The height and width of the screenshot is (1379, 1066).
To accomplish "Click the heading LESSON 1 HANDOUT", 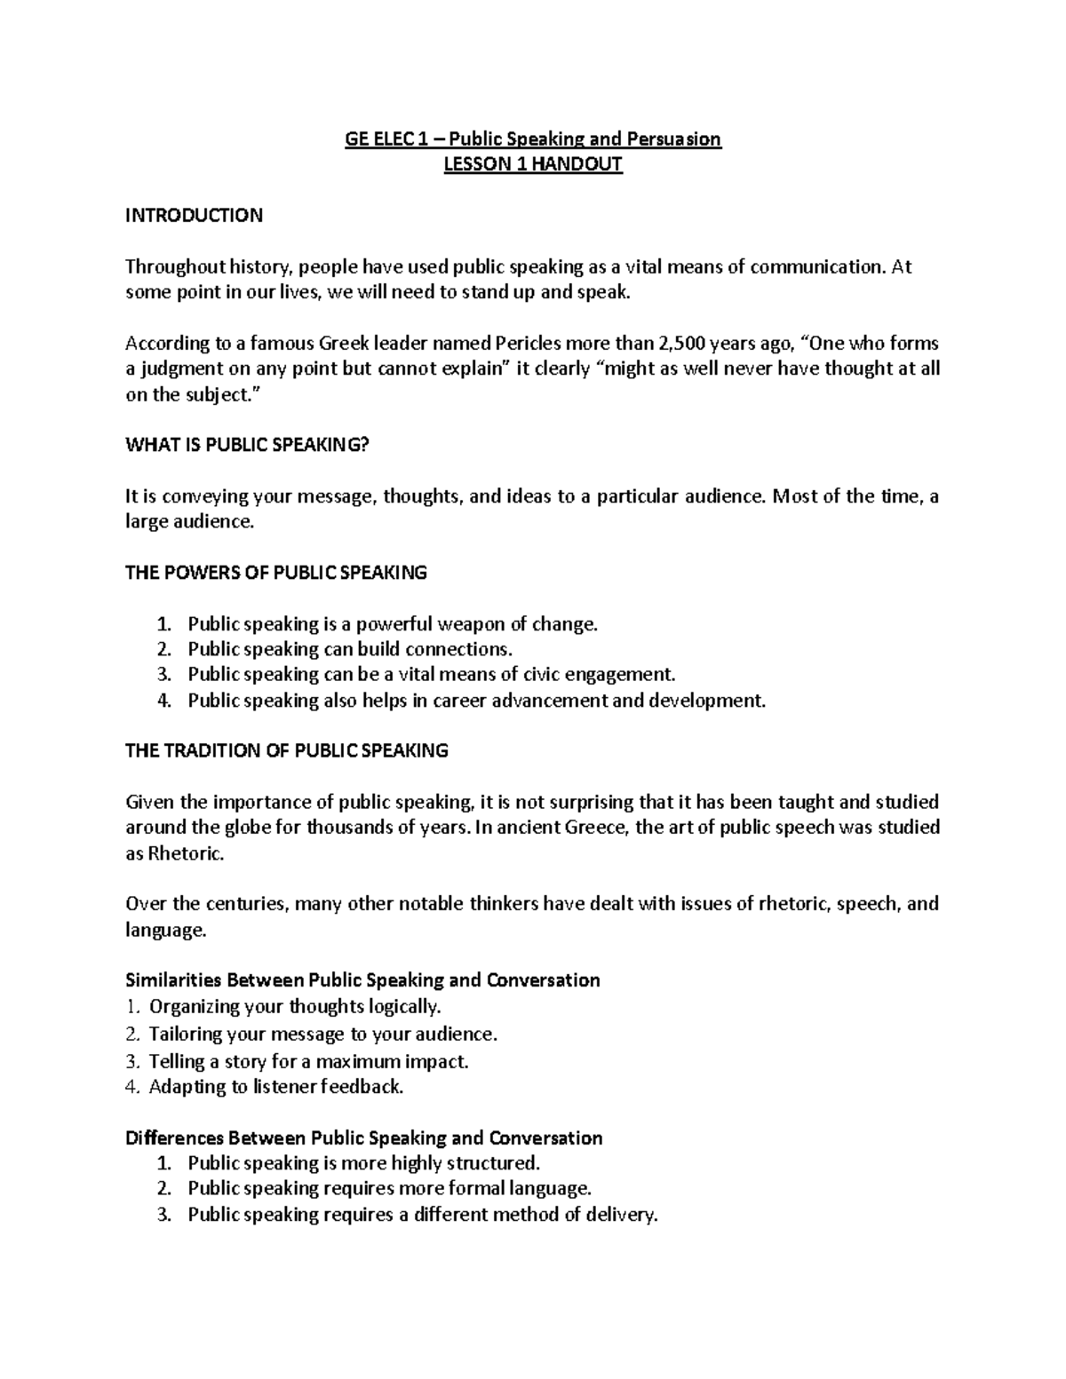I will click(x=533, y=164).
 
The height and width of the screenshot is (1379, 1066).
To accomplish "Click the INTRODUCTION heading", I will click(x=194, y=216).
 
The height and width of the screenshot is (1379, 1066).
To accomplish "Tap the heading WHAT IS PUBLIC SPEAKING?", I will click(x=246, y=446).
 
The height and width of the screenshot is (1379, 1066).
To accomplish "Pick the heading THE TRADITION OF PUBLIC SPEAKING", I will click(x=287, y=751).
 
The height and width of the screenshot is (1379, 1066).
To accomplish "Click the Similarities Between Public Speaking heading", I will click(x=362, y=981).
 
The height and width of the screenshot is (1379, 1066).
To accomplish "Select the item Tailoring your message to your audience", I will click(x=322, y=1034).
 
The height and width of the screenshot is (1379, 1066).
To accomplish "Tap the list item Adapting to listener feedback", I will click(x=275, y=1087).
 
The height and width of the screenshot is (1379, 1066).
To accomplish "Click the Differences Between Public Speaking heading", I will click(x=364, y=1138).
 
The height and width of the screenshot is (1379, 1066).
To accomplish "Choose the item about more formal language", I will click(x=389, y=1189).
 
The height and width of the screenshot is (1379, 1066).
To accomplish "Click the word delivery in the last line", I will click(x=621, y=1216).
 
